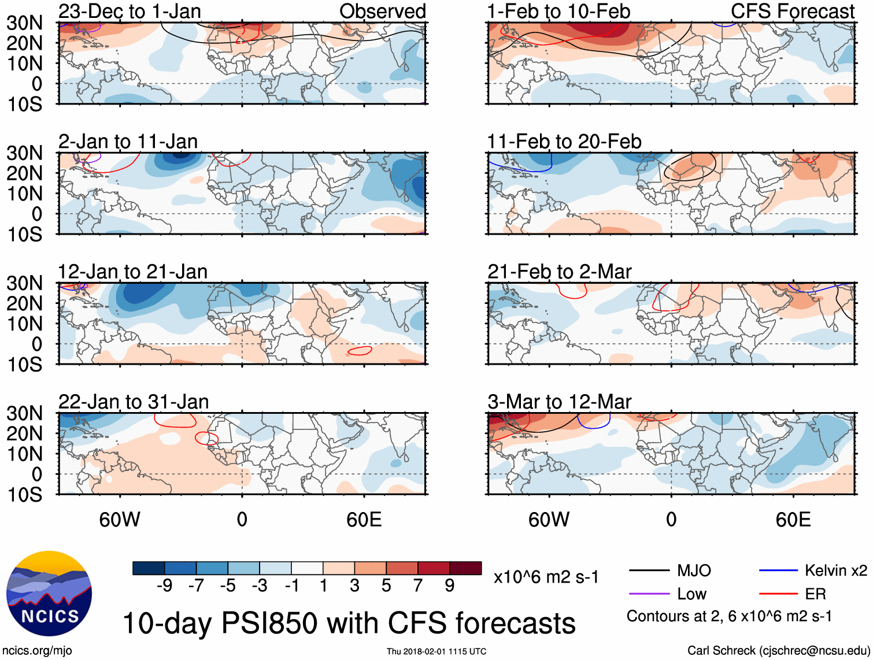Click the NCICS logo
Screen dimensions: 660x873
pos(49,594)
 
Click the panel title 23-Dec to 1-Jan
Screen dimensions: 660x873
pos(130,11)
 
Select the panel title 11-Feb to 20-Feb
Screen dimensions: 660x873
pos(564,142)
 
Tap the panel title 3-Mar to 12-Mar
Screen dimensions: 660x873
pos(559,402)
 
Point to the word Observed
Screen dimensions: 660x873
pos(382,11)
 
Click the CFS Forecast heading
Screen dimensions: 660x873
pos(792,11)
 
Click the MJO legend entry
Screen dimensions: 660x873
pos(694,571)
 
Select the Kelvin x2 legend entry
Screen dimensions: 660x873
pos(835,571)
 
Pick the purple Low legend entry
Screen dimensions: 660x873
pos(691,594)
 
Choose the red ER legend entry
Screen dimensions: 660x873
pos(815,594)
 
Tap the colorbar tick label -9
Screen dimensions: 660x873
pos(164,586)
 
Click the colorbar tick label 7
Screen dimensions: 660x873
pos(418,586)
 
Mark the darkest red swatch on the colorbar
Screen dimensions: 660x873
pos(465,568)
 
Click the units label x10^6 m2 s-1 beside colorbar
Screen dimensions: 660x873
pos(546,577)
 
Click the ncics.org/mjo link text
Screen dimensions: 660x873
pos(37,651)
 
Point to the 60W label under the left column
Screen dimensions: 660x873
pos(120,520)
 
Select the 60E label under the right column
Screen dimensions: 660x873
pos(793,520)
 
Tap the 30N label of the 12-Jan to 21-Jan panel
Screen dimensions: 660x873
pos(24,283)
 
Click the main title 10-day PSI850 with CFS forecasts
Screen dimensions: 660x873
pos(349,624)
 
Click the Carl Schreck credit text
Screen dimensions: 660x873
pos(778,651)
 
